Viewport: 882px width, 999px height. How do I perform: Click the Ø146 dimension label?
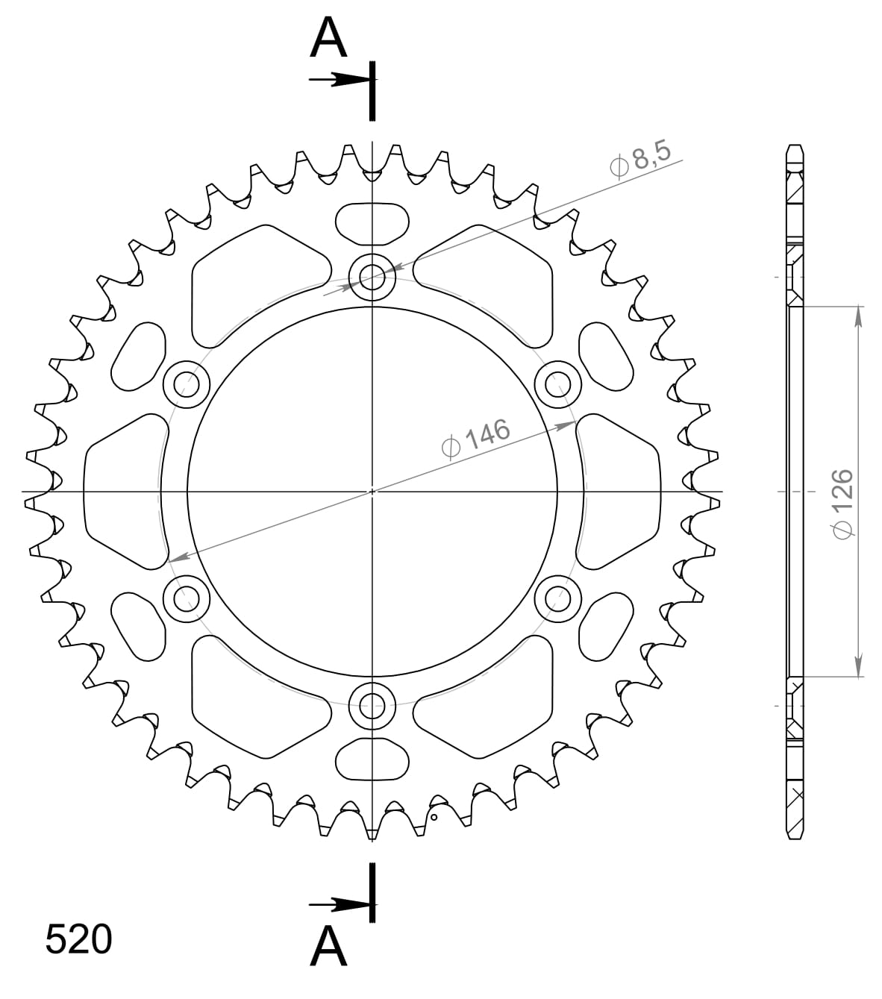pos(475,438)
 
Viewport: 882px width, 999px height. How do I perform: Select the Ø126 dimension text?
pos(842,503)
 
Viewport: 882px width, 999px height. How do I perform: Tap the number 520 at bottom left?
pos(78,939)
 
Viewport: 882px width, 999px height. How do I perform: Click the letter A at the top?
pos(329,39)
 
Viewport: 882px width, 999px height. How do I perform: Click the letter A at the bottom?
pos(329,947)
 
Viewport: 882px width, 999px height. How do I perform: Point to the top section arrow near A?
pos(340,80)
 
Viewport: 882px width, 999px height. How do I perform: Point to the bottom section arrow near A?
pos(340,905)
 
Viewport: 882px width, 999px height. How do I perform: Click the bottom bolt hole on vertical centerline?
pos(372,704)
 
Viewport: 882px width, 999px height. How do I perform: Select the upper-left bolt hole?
pos(187,385)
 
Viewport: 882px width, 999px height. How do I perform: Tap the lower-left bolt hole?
pos(187,598)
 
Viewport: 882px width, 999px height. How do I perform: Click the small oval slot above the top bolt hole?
pos(372,222)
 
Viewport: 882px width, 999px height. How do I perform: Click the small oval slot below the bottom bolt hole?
pos(372,760)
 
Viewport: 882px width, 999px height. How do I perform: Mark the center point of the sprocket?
pos(372,492)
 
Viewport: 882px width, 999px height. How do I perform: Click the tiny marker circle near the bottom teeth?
pos(434,817)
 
